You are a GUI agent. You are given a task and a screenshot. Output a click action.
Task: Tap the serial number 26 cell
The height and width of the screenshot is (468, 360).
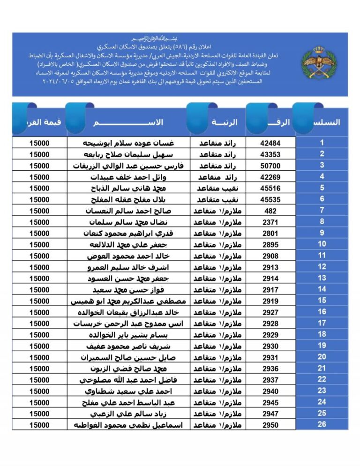pos(322,424)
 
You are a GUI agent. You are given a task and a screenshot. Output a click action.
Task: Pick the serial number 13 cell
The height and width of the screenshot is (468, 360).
pos(322,278)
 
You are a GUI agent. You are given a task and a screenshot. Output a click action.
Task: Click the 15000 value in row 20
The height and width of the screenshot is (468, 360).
pos(39,357)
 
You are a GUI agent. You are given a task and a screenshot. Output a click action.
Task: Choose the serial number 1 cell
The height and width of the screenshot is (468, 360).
pos(322,143)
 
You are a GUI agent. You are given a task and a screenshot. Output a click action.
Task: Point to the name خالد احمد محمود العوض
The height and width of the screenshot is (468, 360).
pos(129,256)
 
